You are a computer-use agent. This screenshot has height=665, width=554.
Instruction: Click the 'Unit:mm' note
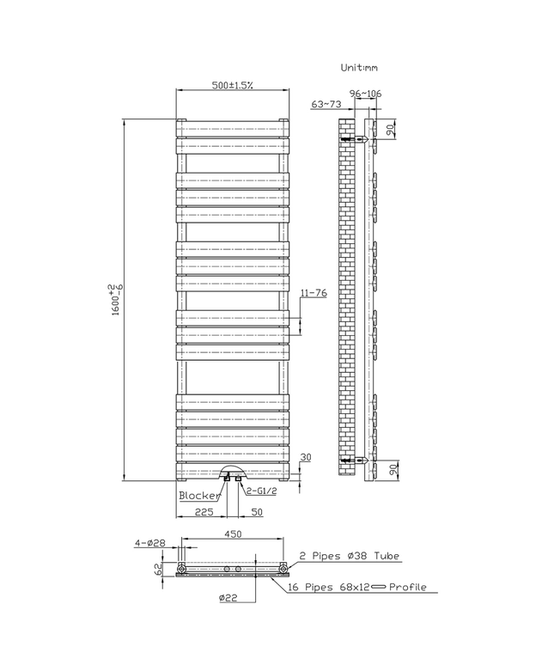[360, 66]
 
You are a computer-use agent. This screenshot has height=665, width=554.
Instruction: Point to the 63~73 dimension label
[326, 104]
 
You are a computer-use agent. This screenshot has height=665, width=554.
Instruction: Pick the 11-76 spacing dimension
[314, 293]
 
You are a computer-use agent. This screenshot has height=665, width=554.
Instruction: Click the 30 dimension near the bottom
[307, 457]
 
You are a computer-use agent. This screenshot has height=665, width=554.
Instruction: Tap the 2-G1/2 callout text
[261, 491]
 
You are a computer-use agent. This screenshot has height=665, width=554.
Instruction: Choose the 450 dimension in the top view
[234, 534]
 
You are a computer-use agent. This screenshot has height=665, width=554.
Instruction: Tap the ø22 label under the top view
[228, 597]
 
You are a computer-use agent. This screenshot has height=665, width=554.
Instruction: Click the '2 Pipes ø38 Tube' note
[349, 557]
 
